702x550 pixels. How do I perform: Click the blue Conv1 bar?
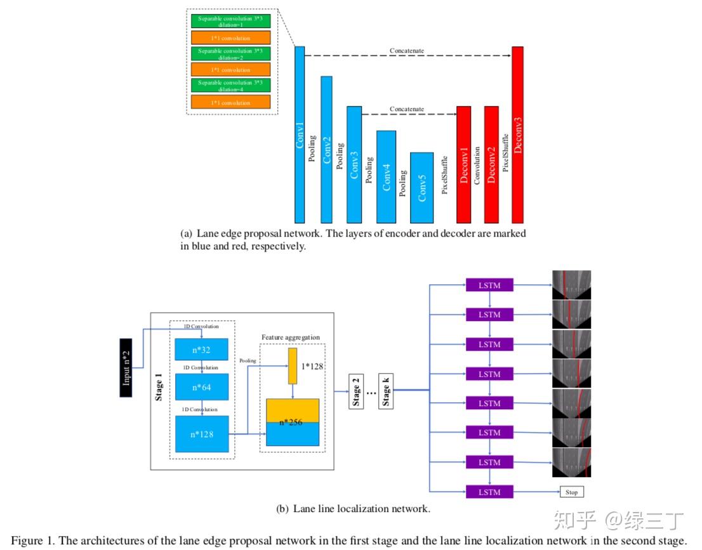[300, 134]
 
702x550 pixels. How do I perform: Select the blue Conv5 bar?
[421, 187]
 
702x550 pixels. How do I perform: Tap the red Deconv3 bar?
[517, 134]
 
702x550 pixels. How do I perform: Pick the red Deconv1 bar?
[463, 164]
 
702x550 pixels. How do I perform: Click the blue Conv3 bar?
[354, 164]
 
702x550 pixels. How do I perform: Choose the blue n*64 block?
[201, 387]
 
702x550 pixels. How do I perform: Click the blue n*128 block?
[201, 434]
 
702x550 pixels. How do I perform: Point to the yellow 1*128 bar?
[292, 366]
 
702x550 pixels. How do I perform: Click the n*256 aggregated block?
[292, 422]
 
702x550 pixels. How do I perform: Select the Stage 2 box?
[356, 391]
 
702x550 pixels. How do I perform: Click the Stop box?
[571, 492]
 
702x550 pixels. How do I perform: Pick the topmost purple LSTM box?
[489, 285]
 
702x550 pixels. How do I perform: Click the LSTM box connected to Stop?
[489, 492]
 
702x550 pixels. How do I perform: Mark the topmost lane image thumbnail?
[571, 285]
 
